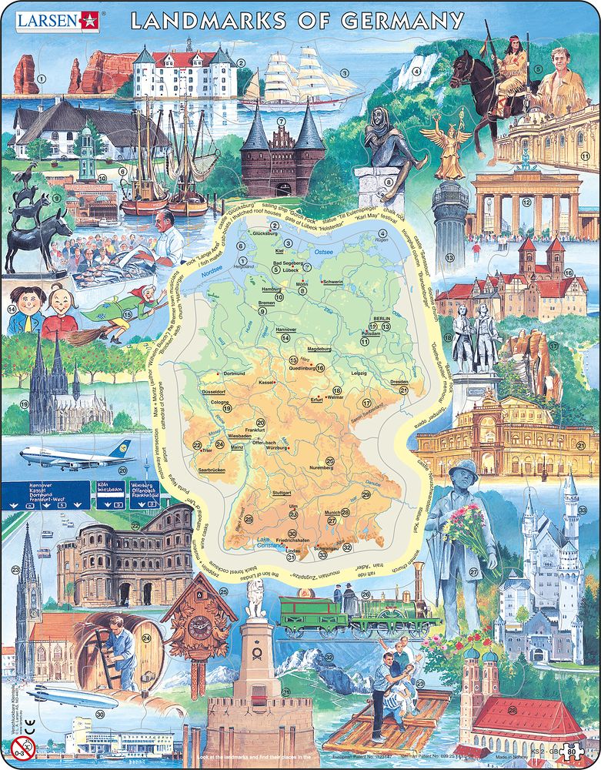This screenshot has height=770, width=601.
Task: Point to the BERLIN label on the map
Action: [382, 318]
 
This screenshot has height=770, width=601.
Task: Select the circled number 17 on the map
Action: [367, 403]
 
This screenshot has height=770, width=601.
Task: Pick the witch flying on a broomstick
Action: [115, 308]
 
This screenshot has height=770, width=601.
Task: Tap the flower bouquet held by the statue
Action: [467, 529]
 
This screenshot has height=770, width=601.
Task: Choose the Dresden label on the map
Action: [398, 381]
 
